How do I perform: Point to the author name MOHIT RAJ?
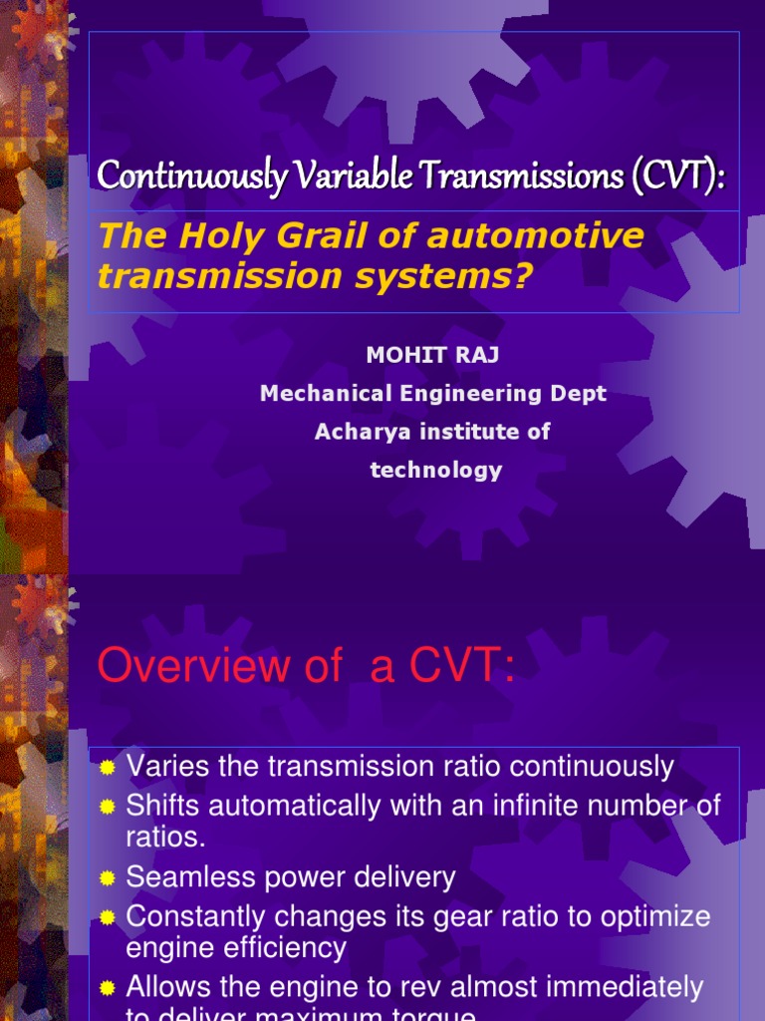tap(432, 356)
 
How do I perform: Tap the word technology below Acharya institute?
tap(436, 470)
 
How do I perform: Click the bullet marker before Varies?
tap(109, 768)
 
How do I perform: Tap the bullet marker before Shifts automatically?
tap(109, 807)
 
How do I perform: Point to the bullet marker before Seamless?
tap(109, 878)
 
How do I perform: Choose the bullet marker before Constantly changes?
tap(109, 917)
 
